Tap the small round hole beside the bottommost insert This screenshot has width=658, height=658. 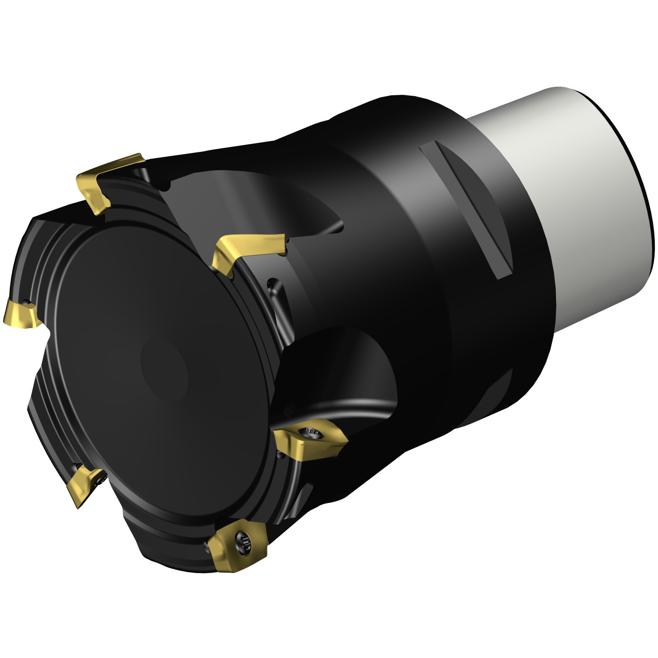click(206, 546)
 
